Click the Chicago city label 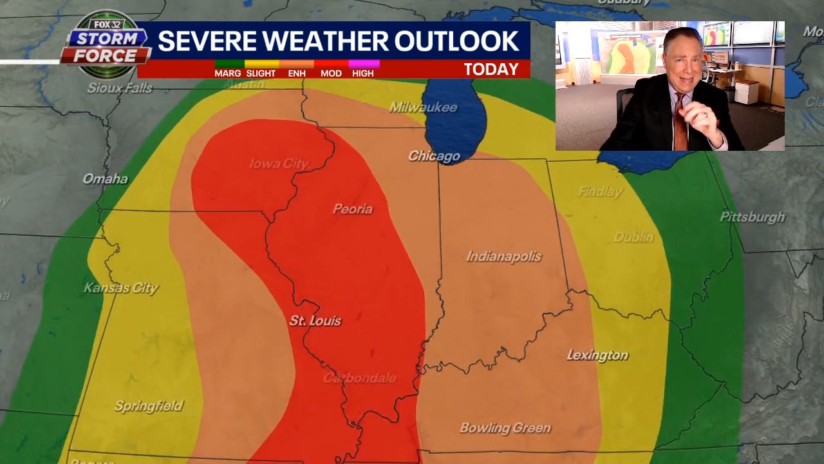pos(434,157)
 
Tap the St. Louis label pos(315,321)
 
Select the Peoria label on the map pos(352,209)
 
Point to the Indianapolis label pos(503,257)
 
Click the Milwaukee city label pos(423,108)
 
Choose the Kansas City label pos(121,288)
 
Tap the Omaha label pos(105,179)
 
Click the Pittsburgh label pos(752,217)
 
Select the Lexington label pos(597,356)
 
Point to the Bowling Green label pos(505,428)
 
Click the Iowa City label pos(279,164)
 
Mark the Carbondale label pos(359,378)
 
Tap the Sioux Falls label pos(120,88)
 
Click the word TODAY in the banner pos(491,70)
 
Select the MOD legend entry pos(331,73)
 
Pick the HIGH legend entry pos(362,73)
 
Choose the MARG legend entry pos(228,73)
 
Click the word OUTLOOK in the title pos(456,41)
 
